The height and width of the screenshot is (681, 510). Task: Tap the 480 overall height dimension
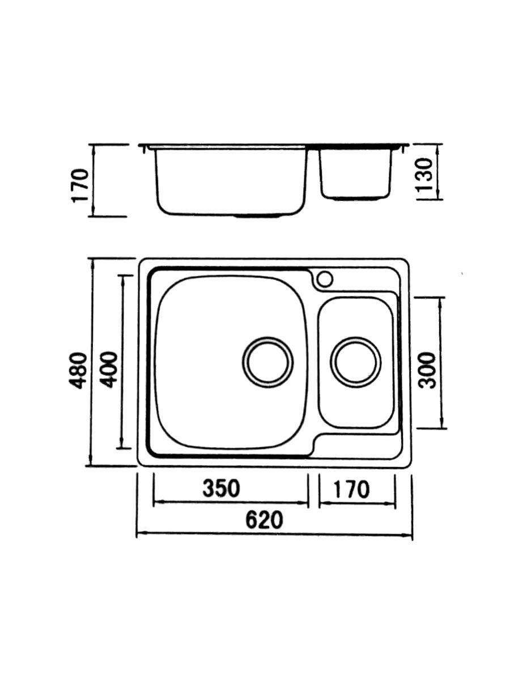(79, 370)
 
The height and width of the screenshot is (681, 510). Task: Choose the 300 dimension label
(430, 370)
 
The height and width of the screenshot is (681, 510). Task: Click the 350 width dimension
(222, 488)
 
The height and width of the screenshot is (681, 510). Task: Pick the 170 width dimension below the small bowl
(351, 489)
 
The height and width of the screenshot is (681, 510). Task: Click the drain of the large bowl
(268, 362)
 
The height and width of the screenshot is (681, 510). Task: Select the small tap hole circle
(325, 279)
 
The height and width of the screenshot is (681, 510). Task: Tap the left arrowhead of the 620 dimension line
(139, 534)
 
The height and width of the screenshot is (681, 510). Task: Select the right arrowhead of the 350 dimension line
(305, 502)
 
